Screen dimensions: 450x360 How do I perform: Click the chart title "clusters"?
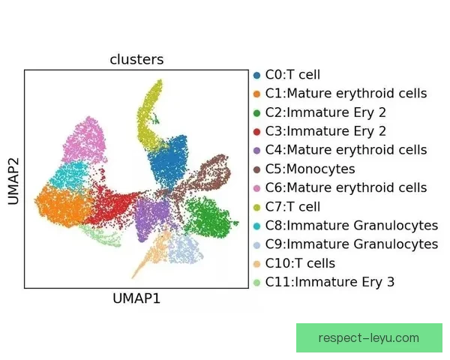click(136, 59)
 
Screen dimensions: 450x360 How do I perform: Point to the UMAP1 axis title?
click(136, 298)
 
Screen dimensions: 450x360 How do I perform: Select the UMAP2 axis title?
click(13, 181)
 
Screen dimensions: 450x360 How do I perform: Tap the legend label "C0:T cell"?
click(292, 75)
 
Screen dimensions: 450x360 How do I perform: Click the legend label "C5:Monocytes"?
click(310, 169)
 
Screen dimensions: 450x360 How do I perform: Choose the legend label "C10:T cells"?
click(300, 263)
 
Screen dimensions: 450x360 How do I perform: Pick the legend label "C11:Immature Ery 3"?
click(330, 282)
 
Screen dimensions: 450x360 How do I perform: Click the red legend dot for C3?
click(256, 132)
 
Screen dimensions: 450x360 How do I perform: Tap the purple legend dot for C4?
click(256, 151)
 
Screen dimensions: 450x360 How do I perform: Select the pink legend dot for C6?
click(256, 188)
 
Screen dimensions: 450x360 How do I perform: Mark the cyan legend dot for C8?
click(256, 226)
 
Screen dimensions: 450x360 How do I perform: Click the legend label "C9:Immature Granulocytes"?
click(352, 244)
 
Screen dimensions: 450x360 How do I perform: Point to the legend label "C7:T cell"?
click(292, 207)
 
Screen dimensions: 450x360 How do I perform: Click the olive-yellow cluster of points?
click(148, 115)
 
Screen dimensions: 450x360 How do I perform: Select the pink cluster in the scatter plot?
click(85, 141)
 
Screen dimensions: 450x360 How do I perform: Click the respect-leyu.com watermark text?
click(369, 338)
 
